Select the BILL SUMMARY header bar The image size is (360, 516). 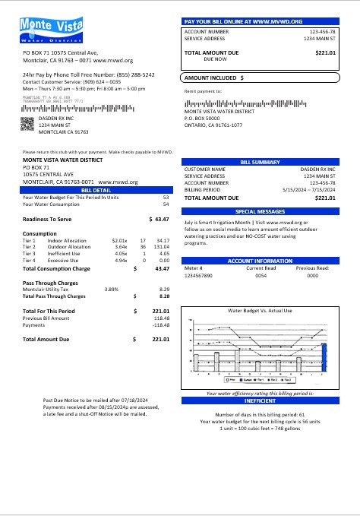260,162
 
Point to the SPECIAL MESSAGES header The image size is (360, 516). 260,211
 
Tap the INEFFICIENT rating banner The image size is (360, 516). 260,400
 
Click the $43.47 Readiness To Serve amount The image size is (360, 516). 159,219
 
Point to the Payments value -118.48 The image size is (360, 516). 160,324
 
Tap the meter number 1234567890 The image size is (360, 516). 200,275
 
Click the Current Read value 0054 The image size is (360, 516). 261,275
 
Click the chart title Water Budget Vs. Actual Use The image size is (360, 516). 260,311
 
